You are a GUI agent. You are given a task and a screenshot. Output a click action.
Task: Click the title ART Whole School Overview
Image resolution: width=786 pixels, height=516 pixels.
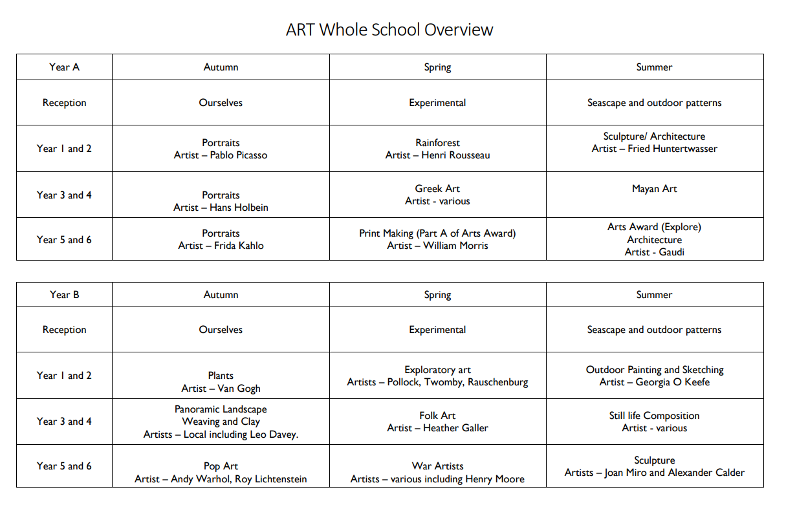point(389,30)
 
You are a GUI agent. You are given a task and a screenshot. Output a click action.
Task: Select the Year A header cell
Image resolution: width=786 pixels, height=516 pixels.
point(64,67)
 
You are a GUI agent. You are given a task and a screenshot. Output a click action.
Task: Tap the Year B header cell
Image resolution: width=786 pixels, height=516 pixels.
point(64,295)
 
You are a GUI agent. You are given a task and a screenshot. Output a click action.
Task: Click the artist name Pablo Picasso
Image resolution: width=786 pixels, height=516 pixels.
point(238,155)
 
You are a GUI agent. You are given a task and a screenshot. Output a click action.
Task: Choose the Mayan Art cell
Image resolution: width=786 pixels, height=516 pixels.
point(654,189)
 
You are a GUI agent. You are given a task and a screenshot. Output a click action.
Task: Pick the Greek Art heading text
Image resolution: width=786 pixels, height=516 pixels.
point(437,189)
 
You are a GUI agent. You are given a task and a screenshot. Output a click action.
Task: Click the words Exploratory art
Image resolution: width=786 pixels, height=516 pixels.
point(437,370)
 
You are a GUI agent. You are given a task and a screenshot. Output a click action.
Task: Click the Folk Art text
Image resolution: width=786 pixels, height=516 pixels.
point(437,416)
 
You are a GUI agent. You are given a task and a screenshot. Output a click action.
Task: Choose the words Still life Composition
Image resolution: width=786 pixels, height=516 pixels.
point(654,416)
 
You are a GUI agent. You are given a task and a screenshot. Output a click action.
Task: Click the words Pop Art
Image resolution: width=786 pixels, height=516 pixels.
point(221,466)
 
